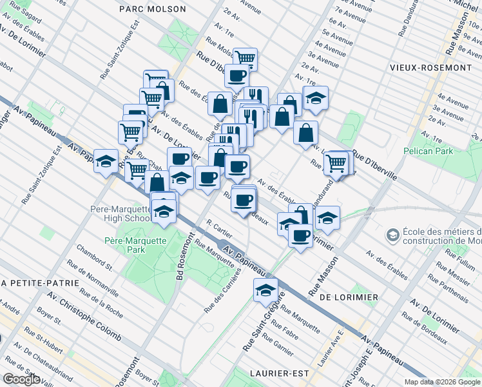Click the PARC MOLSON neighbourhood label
click(153, 9)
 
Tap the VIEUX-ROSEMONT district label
click(427, 67)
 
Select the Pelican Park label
click(428, 151)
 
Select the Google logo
click(21, 379)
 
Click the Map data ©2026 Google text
click(442, 382)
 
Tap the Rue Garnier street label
click(278, 346)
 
